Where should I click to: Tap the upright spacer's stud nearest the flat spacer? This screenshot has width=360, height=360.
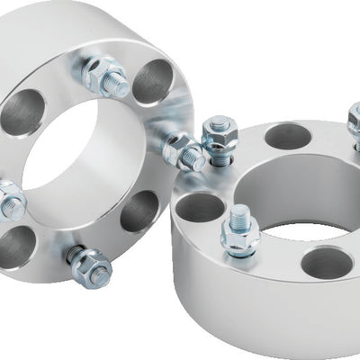pos(185,152)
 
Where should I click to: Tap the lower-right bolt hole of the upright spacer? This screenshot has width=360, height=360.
pos(139,211)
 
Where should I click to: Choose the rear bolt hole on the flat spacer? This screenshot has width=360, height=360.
pos(288,136)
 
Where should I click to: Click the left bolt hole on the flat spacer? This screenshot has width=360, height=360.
pos(199,207)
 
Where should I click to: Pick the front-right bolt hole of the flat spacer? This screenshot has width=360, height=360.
pos(327,262)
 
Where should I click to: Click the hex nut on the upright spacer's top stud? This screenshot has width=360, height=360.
pos(101,73)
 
